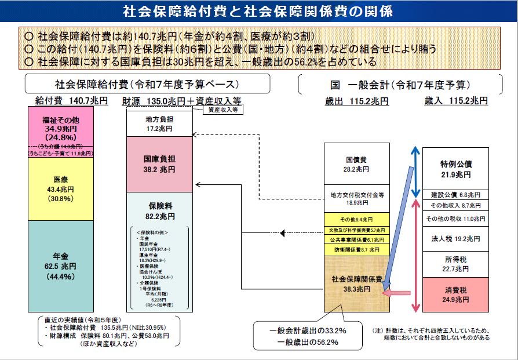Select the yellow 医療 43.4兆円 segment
(60, 188)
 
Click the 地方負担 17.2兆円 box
(159, 122)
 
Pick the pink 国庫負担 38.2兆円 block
(159, 164)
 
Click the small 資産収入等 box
(222, 109)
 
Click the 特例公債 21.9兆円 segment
(455, 168)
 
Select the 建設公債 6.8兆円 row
(455, 195)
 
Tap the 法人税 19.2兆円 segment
(455, 238)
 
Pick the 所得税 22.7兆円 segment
(455, 264)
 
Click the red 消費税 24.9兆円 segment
(455, 294)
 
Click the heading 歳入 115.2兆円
(455, 101)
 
